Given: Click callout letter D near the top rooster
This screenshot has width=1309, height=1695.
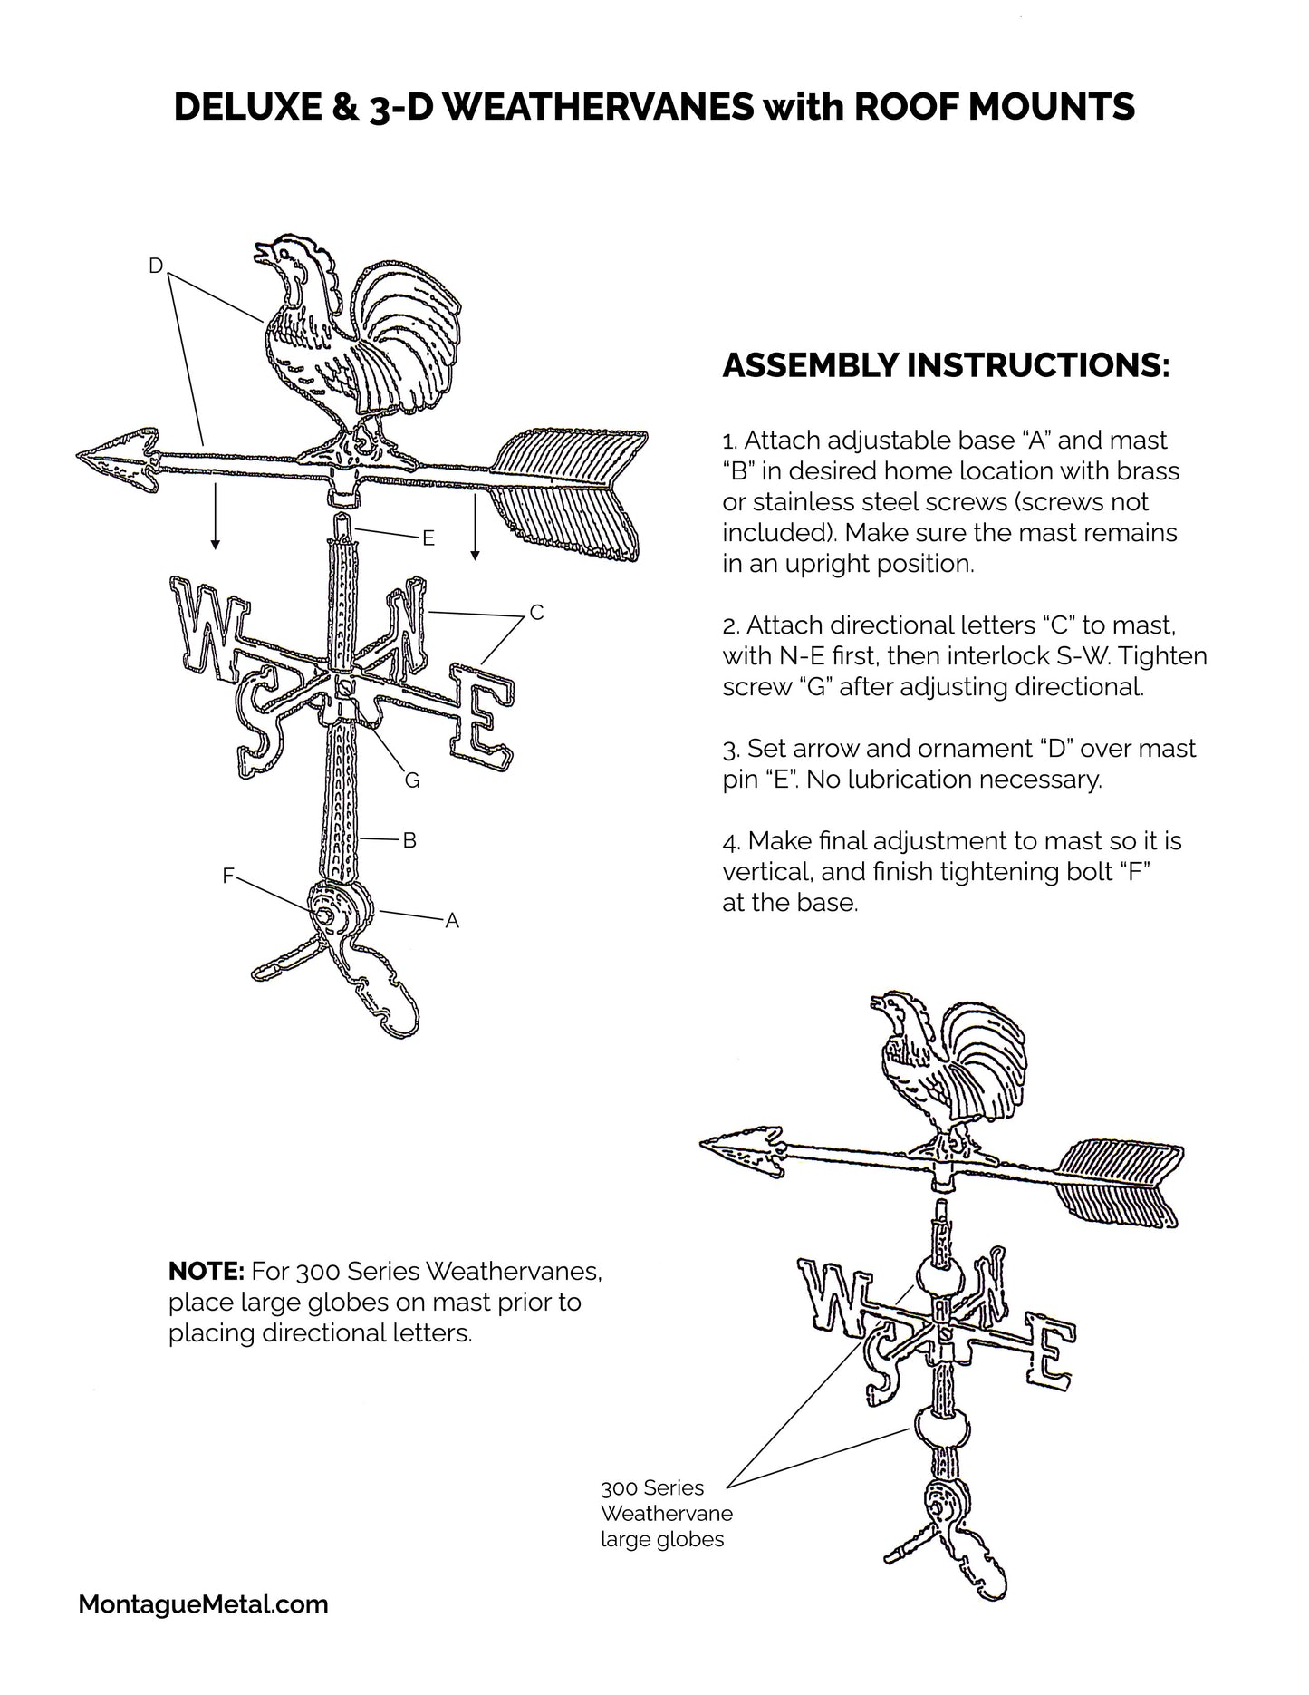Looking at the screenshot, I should click(156, 265).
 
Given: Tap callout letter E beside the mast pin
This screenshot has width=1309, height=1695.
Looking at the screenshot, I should click(428, 538).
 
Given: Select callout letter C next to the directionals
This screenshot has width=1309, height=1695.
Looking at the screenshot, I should click(536, 613).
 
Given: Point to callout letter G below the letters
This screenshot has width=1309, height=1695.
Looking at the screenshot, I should click(412, 780).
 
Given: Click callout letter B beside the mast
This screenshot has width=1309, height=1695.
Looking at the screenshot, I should click(409, 840).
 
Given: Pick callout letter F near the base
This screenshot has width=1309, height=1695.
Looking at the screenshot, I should click(228, 876).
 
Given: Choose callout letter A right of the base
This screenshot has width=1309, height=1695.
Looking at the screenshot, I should click(452, 921).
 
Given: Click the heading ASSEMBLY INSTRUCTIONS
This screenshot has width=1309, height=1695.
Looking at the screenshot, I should click(946, 366).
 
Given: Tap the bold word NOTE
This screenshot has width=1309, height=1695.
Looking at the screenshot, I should click(206, 1271).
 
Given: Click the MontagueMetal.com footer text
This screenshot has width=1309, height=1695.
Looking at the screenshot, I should click(203, 1605).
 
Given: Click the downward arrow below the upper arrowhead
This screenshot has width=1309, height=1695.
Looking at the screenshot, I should click(215, 517).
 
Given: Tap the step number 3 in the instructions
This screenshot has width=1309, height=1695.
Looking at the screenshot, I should click(729, 749).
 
